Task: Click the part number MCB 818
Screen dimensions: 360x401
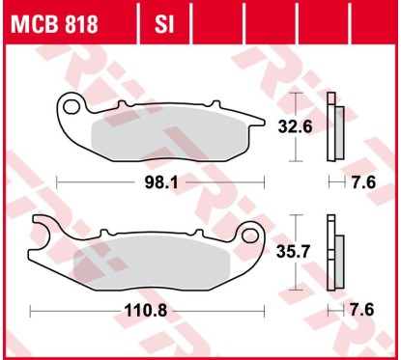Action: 53,23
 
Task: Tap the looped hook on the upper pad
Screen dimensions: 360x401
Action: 70,104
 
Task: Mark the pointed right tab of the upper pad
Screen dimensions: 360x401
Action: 259,119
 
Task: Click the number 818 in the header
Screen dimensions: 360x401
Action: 77,23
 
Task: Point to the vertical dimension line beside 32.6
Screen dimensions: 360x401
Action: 298,125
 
